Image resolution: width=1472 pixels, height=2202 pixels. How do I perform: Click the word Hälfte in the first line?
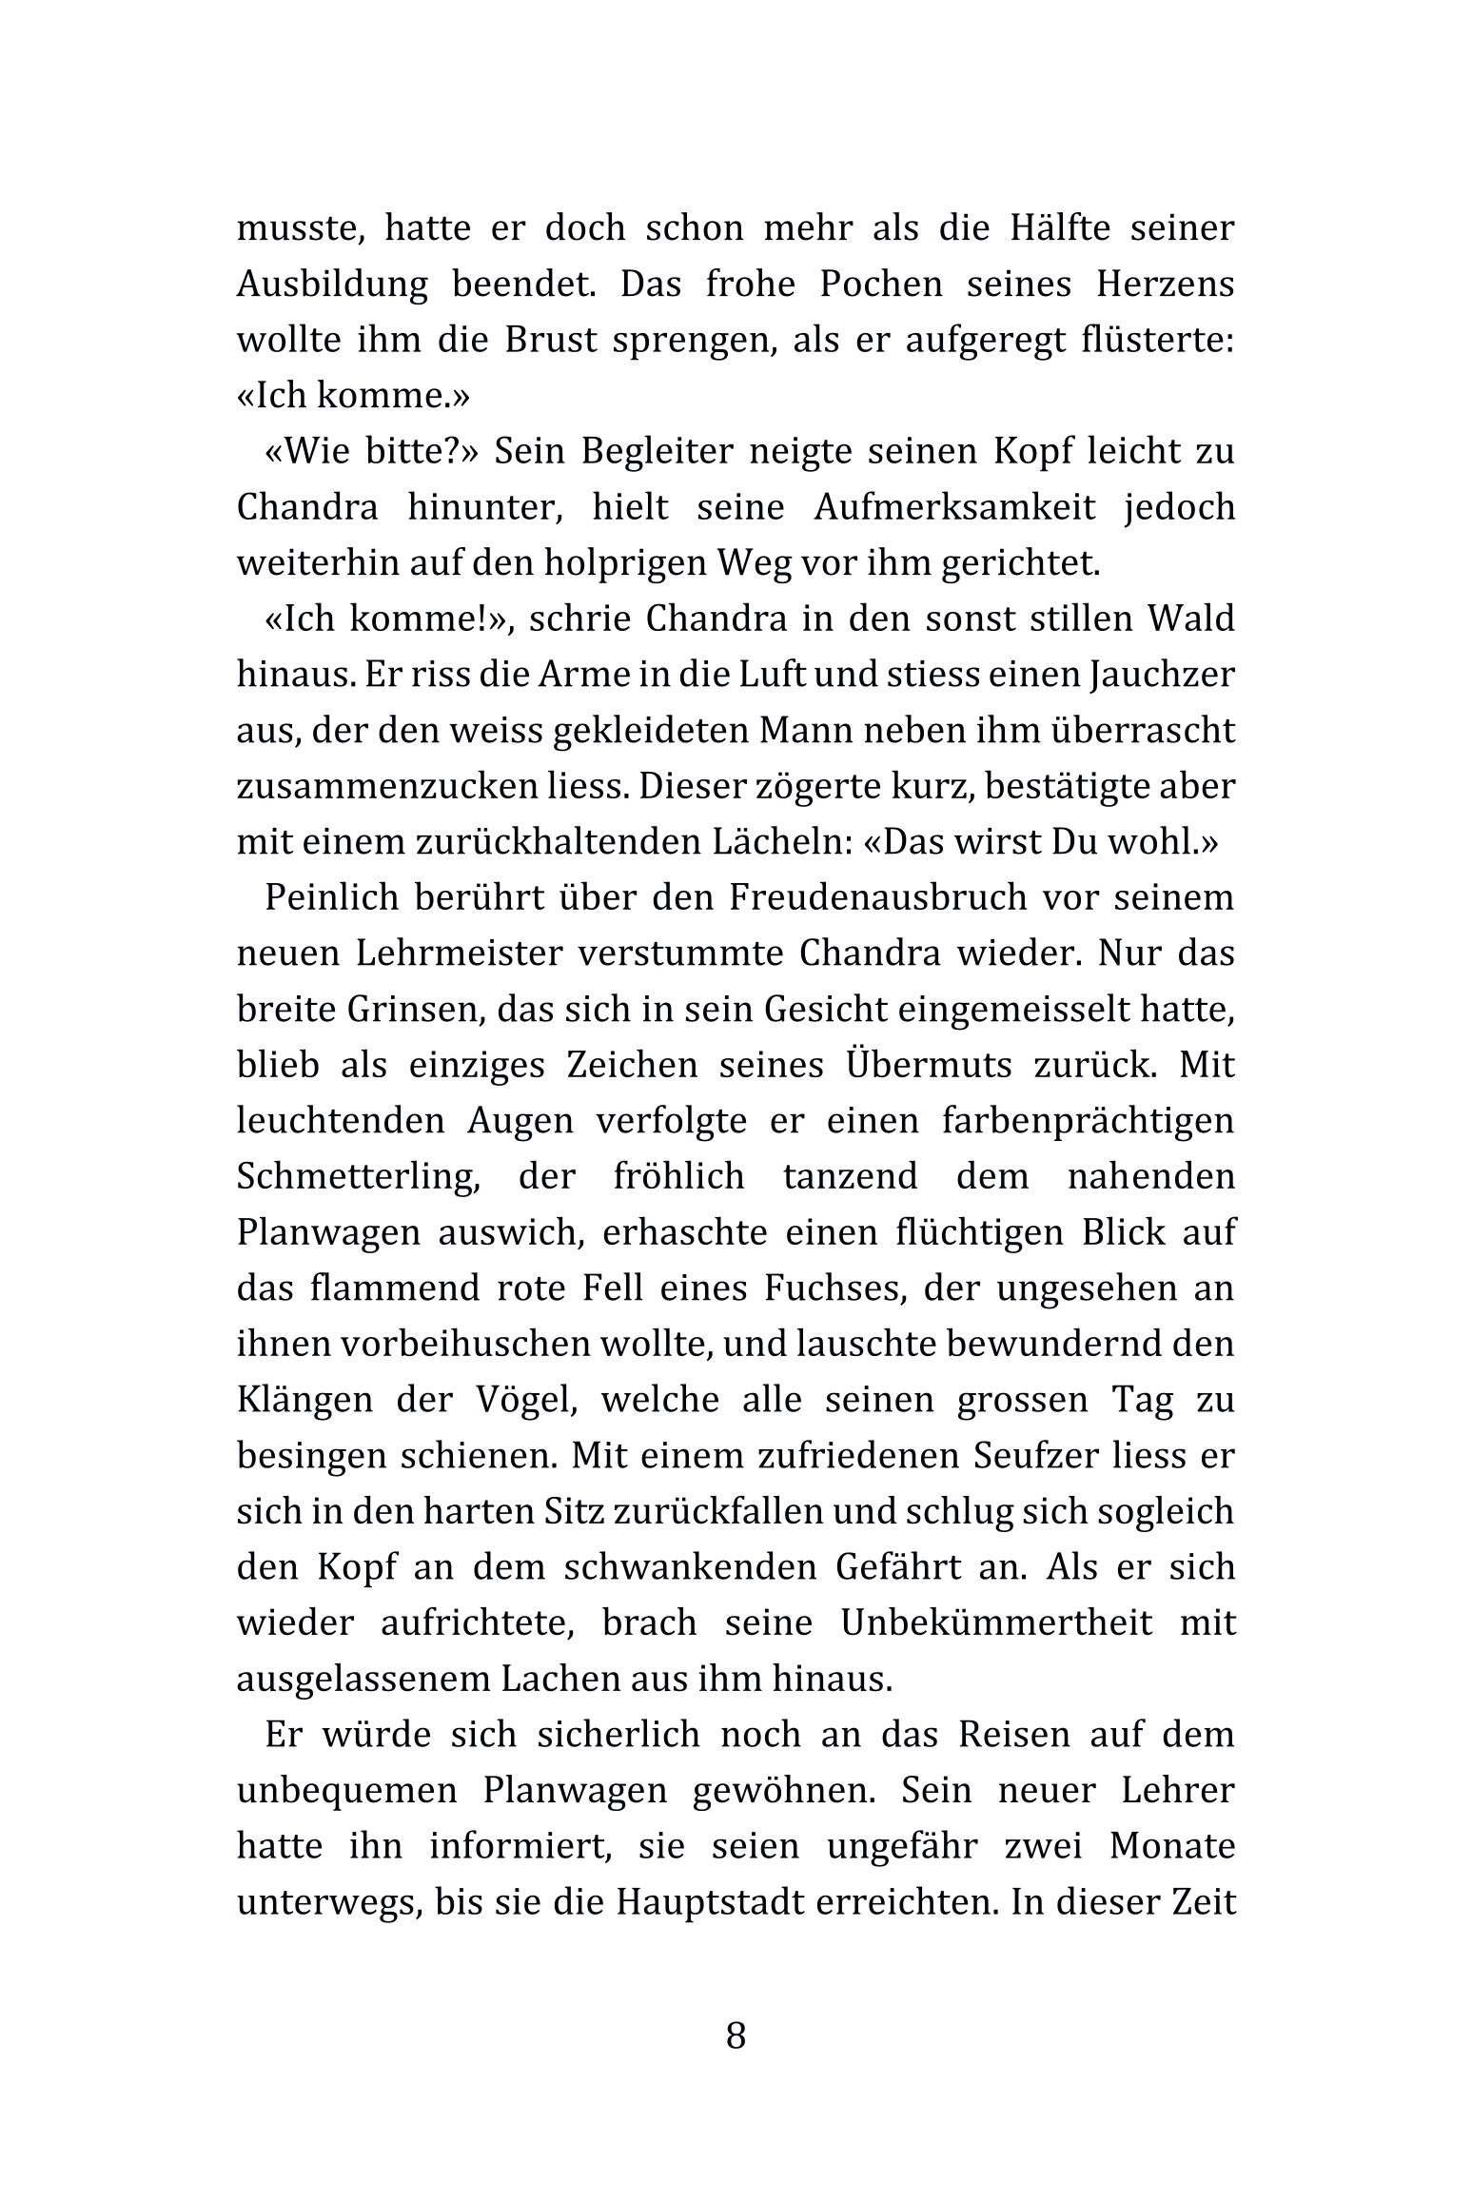click(1053, 228)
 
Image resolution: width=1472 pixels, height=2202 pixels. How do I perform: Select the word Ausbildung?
click(332, 285)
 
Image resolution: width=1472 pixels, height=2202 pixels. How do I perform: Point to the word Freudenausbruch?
click(879, 897)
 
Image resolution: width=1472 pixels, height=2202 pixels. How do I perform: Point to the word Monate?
click(1172, 1847)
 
